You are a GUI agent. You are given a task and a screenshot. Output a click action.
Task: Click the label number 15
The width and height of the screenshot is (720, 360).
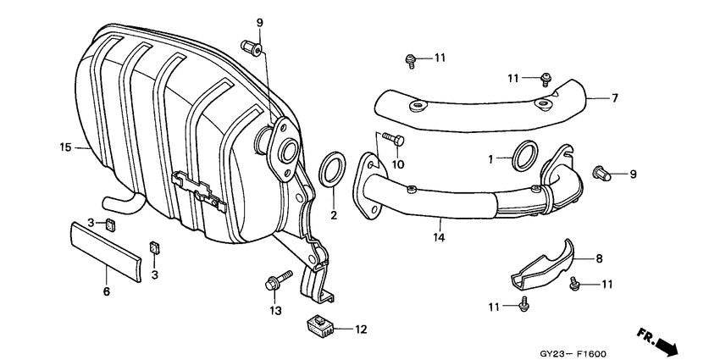64,147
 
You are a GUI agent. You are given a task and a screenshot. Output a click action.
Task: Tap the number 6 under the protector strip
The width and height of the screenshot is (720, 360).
107,291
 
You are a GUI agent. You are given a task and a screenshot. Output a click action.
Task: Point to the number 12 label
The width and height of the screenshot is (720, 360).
361,330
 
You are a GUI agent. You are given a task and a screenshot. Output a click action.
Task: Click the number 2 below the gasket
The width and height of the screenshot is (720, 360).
334,215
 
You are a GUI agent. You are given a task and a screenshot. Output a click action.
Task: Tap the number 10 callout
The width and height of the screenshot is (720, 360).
396,163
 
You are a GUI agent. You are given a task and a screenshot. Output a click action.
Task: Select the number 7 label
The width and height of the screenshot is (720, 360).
615,98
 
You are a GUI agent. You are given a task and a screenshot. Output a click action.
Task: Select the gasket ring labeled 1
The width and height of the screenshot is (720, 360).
524,156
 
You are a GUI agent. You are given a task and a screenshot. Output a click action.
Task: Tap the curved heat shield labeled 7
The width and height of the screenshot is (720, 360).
483,105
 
